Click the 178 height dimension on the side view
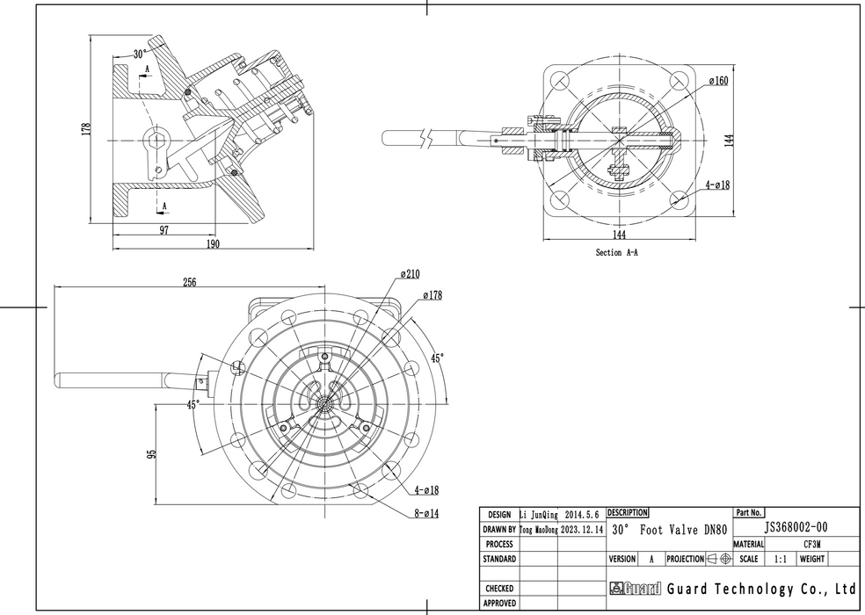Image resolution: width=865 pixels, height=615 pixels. click(86, 128)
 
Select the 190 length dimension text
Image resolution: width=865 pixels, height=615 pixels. click(213, 244)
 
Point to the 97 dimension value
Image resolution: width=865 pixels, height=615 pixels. click(164, 229)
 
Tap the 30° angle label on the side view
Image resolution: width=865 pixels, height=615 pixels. click(139, 54)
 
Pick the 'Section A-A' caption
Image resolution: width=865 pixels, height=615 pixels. click(616, 252)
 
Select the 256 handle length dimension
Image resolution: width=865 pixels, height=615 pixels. click(189, 282)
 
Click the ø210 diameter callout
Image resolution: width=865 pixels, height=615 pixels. click(410, 274)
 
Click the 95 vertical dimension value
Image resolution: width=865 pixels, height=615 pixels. click(151, 454)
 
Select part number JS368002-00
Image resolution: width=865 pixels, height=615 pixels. click(796, 528)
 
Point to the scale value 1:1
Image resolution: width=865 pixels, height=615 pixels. click(780, 559)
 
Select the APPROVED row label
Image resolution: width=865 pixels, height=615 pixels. click(499, 604)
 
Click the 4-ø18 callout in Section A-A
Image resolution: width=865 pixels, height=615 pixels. click(718, 185)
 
